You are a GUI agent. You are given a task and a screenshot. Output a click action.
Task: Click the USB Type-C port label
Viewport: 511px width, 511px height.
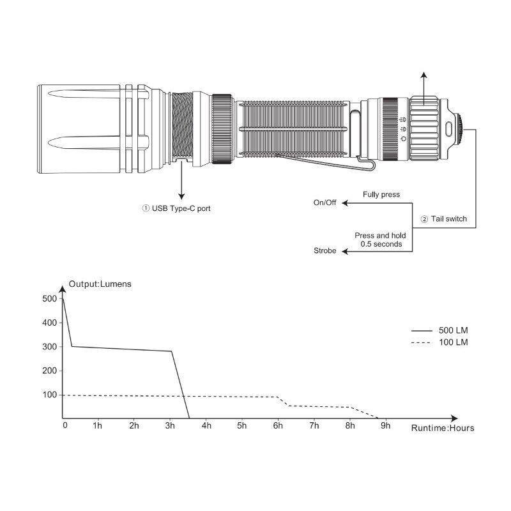176,208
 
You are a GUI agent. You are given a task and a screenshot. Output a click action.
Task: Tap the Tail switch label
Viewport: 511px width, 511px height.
444,218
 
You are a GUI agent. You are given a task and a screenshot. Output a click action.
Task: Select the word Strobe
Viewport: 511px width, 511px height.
324,250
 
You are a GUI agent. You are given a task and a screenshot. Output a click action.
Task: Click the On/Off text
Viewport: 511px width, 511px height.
324,202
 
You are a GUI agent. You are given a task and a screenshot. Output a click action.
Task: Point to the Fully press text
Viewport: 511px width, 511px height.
381,195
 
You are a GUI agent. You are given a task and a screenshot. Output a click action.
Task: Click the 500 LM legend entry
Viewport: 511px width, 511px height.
439,330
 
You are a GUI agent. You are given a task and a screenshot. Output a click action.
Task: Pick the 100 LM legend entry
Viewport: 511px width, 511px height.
439,342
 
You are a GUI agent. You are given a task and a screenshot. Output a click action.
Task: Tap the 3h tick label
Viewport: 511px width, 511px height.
170,425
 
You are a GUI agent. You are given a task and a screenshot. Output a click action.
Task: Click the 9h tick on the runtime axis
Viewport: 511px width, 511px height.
386,425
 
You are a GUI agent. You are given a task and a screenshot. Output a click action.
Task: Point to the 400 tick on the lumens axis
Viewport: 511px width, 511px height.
50,323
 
